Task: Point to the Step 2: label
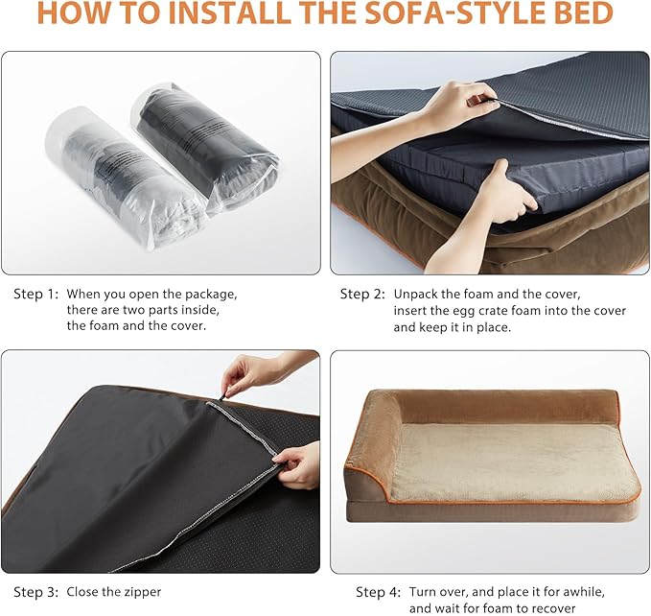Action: pos(362,294)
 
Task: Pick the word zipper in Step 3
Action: pos(141,591)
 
